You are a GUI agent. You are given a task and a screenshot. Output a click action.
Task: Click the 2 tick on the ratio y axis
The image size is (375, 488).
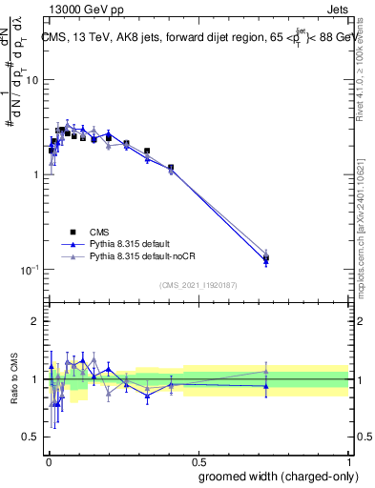[x=36, y=321]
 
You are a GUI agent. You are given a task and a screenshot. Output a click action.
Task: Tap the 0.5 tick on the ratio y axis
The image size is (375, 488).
[x=32, y=437]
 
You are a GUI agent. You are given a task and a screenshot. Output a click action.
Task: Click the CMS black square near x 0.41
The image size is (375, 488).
[x=171, y=168]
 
